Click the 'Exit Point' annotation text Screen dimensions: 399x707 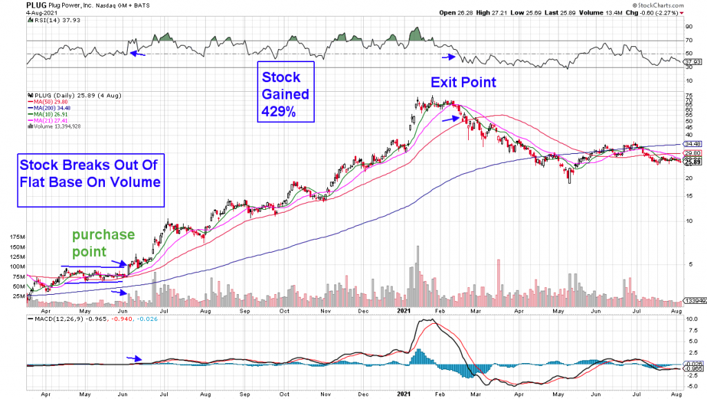[x=463, y=82]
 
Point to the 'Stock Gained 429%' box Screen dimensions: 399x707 [x=285, y=93]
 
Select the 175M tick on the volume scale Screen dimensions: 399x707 [x=14, y=236]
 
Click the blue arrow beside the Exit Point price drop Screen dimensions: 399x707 [x=449, y=119]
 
